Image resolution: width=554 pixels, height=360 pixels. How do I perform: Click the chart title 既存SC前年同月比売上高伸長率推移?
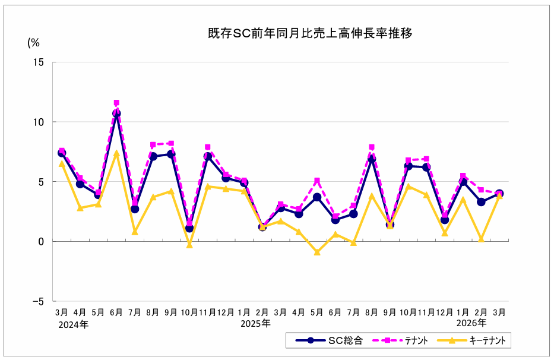[310, 34]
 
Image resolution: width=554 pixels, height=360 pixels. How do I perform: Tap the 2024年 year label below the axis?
[74, 324]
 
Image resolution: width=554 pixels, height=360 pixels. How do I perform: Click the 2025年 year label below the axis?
[255, 324]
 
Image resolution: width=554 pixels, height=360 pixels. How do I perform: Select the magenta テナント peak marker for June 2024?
[116, 103]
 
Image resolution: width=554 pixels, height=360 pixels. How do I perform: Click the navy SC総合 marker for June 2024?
[116, 113]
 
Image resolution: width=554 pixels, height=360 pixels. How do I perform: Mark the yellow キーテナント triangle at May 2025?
[317, 252]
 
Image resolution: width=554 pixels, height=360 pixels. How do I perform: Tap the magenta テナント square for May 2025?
[317, 181]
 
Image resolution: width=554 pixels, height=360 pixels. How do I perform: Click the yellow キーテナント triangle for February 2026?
[481, 239]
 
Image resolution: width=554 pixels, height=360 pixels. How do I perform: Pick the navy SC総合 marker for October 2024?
[189, 228]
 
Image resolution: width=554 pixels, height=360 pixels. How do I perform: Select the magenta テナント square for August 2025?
[372, 147]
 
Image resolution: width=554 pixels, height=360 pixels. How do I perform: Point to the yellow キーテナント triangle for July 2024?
[135, 232]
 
